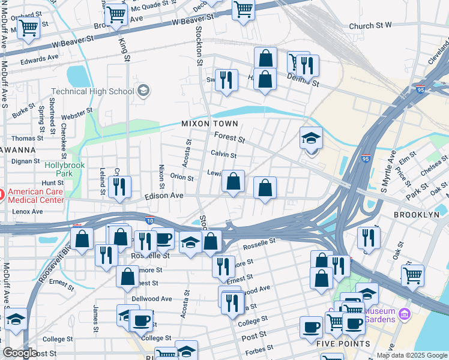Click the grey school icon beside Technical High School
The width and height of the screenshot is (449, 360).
(143, 91)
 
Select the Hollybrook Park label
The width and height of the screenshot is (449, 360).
(65, 169)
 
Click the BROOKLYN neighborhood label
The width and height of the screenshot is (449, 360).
(416, 214)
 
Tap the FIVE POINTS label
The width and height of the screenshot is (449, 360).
(343, 344)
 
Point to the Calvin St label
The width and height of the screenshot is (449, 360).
(223, 155)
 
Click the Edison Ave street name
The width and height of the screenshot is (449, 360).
(163, 196)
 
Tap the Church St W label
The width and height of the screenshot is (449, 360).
(370, 26)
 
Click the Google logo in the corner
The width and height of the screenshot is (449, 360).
(20, 353)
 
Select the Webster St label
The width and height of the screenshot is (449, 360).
(76, 112)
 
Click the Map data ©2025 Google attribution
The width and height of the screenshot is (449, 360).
(411, 355)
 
